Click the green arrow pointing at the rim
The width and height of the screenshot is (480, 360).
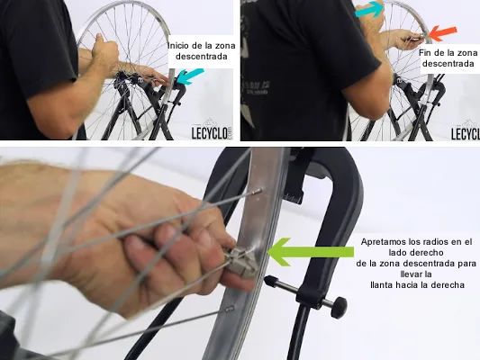click(311, 251)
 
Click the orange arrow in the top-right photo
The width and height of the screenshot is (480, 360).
click(443, 33)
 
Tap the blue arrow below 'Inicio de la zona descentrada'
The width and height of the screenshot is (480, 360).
click(190, 76)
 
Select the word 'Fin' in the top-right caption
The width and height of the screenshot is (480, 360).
click(424, 52)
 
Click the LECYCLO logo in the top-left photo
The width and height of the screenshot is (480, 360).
click(212, 132)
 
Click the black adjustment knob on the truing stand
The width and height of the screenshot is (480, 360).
click(339, 308)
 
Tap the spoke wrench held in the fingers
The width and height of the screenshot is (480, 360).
click(240, 262)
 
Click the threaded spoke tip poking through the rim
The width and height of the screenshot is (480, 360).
click(257, 192)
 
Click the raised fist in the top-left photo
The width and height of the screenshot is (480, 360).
click(104, 49)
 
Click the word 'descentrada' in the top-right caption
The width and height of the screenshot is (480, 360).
click(448, 64)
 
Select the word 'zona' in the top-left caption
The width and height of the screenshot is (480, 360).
click(226, 46)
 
